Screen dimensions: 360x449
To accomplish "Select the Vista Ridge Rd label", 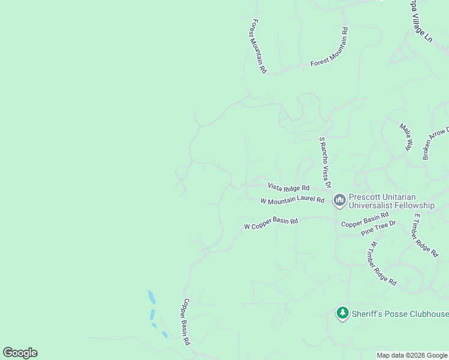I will tap(289, 187).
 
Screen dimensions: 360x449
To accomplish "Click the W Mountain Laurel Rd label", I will tap(292, 200).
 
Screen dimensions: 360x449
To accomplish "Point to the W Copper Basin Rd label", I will tap(271, 223).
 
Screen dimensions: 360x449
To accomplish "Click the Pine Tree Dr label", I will tap(379, 228).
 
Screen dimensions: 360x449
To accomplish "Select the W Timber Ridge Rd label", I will tap(383, 263).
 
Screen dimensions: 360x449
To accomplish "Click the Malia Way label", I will tap(408, 137).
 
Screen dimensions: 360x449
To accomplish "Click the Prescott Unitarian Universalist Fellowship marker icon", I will tap(340, 199).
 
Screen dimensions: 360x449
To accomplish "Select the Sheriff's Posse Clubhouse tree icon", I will tap(343, 313).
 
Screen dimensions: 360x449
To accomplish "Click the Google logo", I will tap(20, 353).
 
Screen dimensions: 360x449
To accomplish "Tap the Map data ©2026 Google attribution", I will tap(412, 355).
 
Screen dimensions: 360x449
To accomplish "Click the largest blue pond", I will tap(151, 297).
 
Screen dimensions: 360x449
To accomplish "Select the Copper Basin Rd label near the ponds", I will tap(187, 322).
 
